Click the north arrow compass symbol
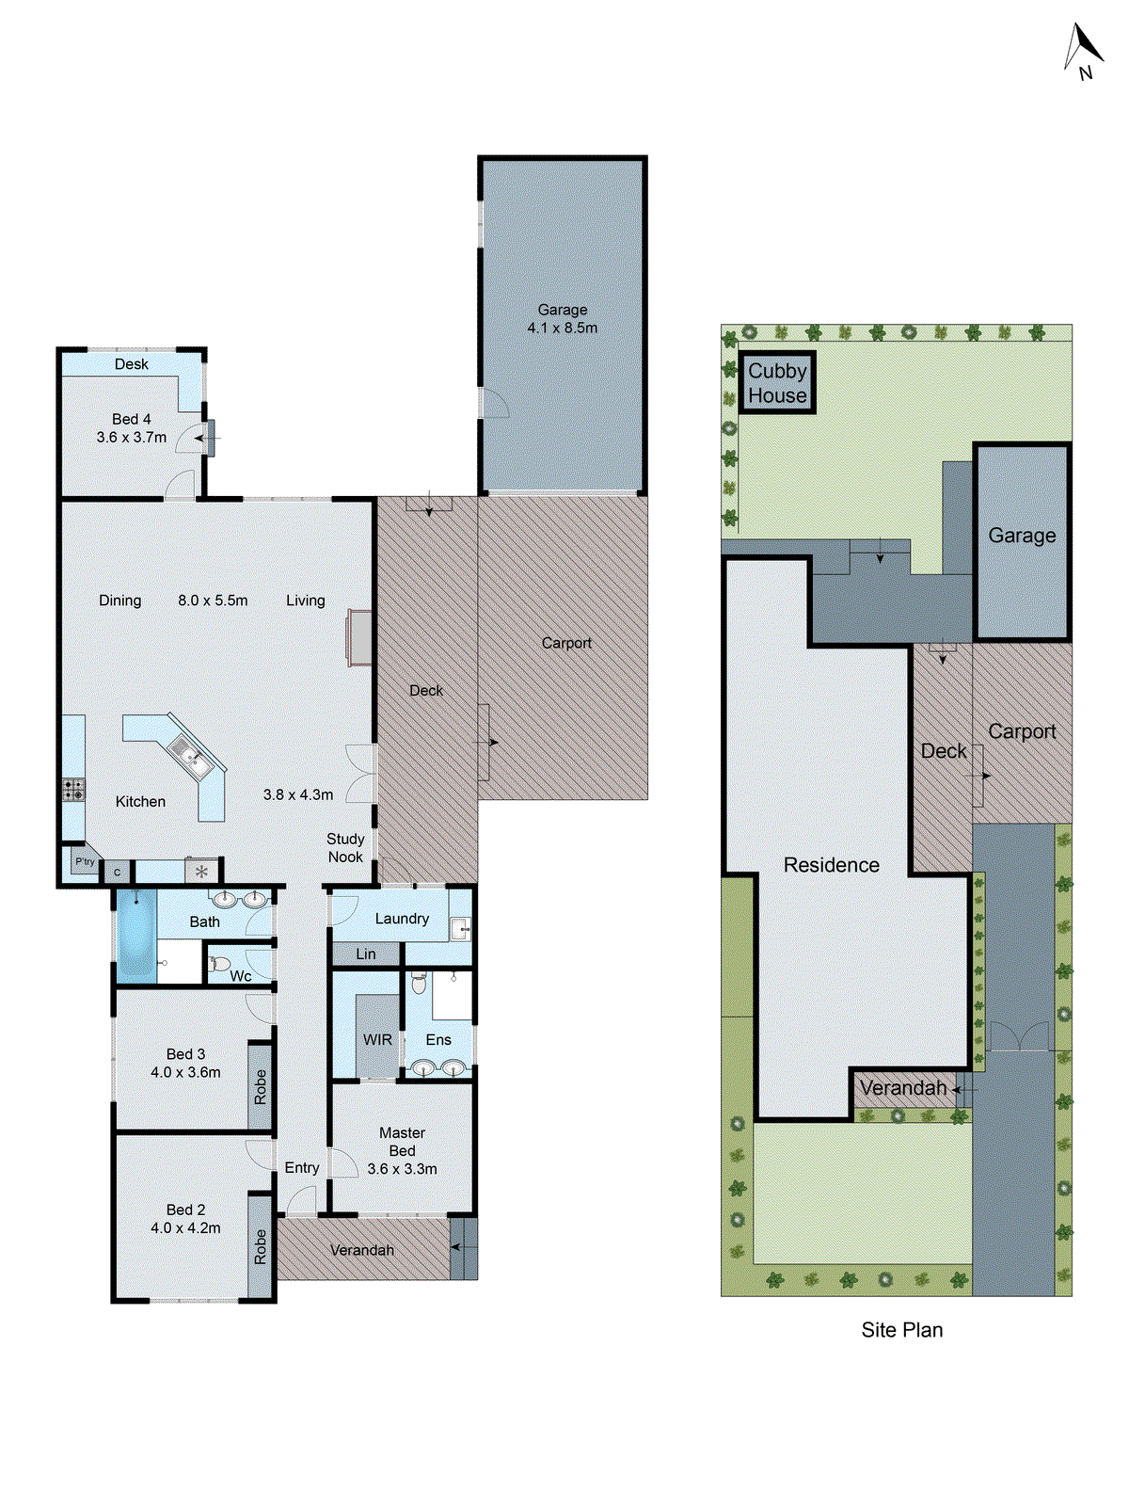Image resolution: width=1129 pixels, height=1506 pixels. click(1083, 51)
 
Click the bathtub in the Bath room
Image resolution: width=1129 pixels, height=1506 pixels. click(135, 937)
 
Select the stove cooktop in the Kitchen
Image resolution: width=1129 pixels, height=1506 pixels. click(73, 789)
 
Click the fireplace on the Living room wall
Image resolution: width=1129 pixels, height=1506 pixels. click(359, 637)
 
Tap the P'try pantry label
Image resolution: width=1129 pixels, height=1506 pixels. click(85, 861)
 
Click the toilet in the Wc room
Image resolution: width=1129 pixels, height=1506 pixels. click(218, 964)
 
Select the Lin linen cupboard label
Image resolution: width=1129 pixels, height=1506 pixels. click(366, 954)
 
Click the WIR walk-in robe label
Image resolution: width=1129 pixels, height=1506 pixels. click(377, 1040)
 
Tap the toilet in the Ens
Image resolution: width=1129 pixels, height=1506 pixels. click(419, 984)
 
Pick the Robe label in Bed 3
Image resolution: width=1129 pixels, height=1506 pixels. click(261, 1087)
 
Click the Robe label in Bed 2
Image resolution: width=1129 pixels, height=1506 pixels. click(261, 1247)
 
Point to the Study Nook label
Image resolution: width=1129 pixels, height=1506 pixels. click(345, 848)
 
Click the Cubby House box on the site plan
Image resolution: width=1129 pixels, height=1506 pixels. click(777, 383)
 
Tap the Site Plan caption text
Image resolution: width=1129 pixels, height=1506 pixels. click(901, 1330)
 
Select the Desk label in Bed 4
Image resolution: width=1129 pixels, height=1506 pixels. click(132, 364)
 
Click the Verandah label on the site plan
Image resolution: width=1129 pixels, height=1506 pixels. click(902, 1088)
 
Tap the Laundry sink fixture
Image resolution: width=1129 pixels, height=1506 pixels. click(460, 930)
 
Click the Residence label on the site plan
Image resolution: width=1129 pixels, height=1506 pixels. click(831, 865)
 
